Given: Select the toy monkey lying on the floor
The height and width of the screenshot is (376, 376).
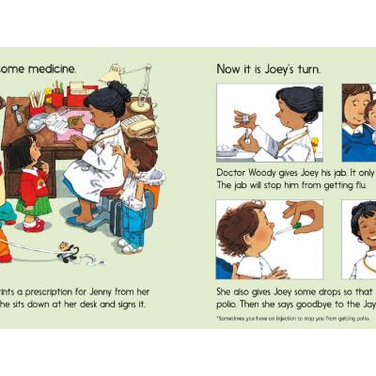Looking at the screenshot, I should [x=67, y=251].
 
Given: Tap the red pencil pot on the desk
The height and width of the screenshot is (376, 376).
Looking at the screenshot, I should [x=57, y=98].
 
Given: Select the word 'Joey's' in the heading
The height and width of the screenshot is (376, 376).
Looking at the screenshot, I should [x=281, y=69].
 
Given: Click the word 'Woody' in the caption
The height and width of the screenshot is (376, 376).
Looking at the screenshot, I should [x=260, y=174].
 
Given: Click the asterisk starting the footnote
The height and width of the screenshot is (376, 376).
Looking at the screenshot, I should [x=218, y=320].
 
